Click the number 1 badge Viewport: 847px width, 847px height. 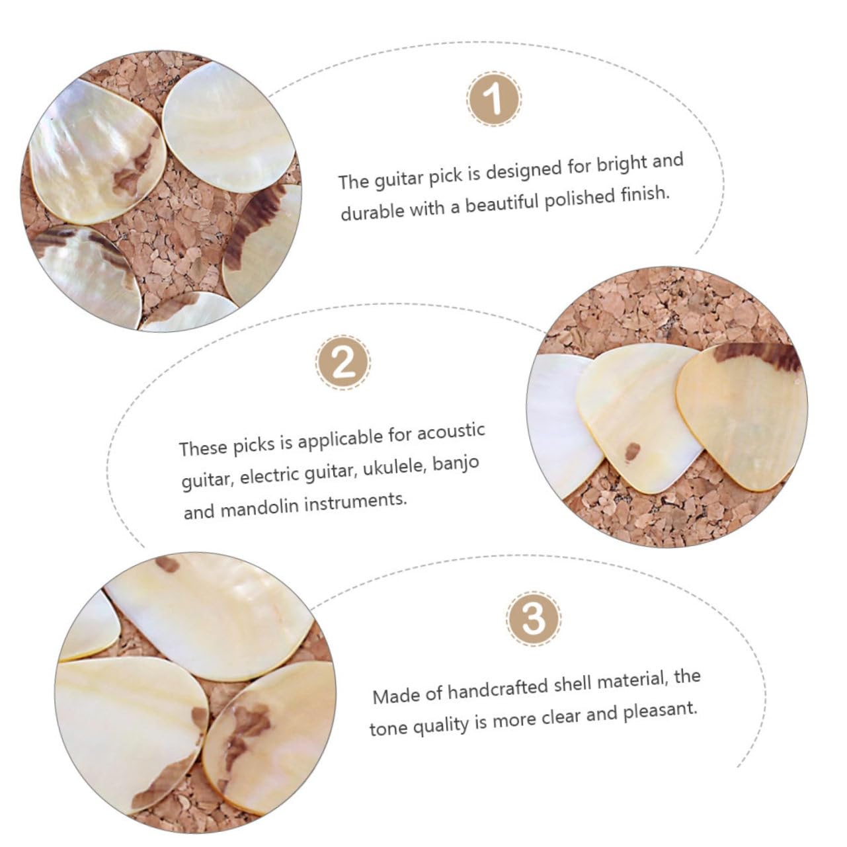click(x=494, y=99)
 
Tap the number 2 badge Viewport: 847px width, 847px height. click(x=343, y=362)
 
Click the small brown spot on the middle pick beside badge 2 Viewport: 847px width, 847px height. click(x=633, y=451)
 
